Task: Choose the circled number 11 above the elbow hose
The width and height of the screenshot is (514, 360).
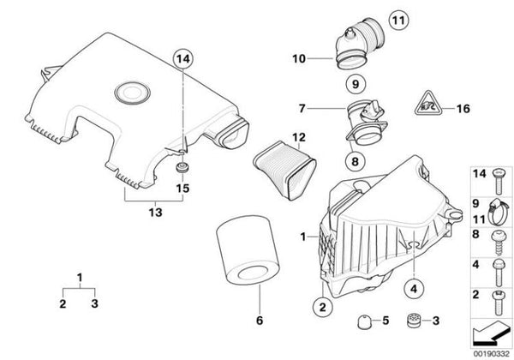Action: [374, 19]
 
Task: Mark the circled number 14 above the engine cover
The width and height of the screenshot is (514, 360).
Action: [182, 59]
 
